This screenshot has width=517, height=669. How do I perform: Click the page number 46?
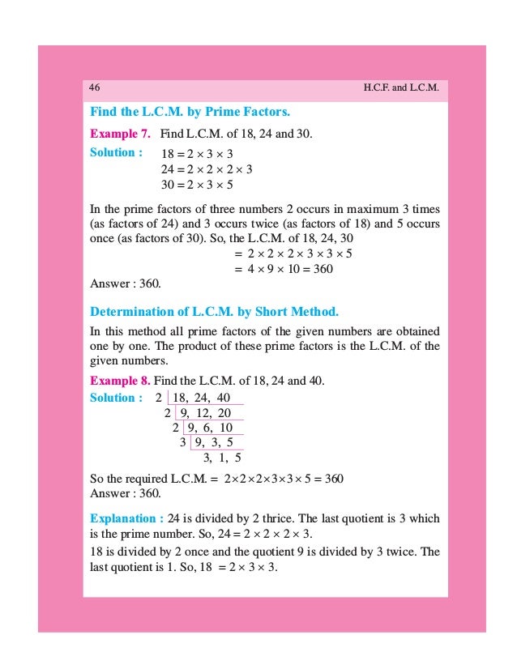coord(95,87)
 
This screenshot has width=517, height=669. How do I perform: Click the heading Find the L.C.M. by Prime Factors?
coord(190,110)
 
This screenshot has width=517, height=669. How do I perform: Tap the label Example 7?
coord(120,132)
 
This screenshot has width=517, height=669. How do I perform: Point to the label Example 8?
coord(120,380)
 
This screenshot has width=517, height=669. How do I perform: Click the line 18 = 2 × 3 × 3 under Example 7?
coord(198,153)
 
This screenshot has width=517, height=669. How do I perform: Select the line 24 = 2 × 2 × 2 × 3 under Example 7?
coord(207,169)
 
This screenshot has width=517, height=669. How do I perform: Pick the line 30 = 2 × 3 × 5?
coord(198,185)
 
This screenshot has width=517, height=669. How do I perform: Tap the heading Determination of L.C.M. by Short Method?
coord(214,312)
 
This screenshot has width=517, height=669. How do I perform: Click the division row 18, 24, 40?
coord(202,398)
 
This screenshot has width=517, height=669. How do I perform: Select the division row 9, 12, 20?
coord(207,413)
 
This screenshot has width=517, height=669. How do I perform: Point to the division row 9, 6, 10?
coord(209,428)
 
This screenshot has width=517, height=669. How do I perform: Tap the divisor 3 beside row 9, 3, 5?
coord(182,443)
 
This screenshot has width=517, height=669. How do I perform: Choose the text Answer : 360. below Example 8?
coord(126,492)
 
